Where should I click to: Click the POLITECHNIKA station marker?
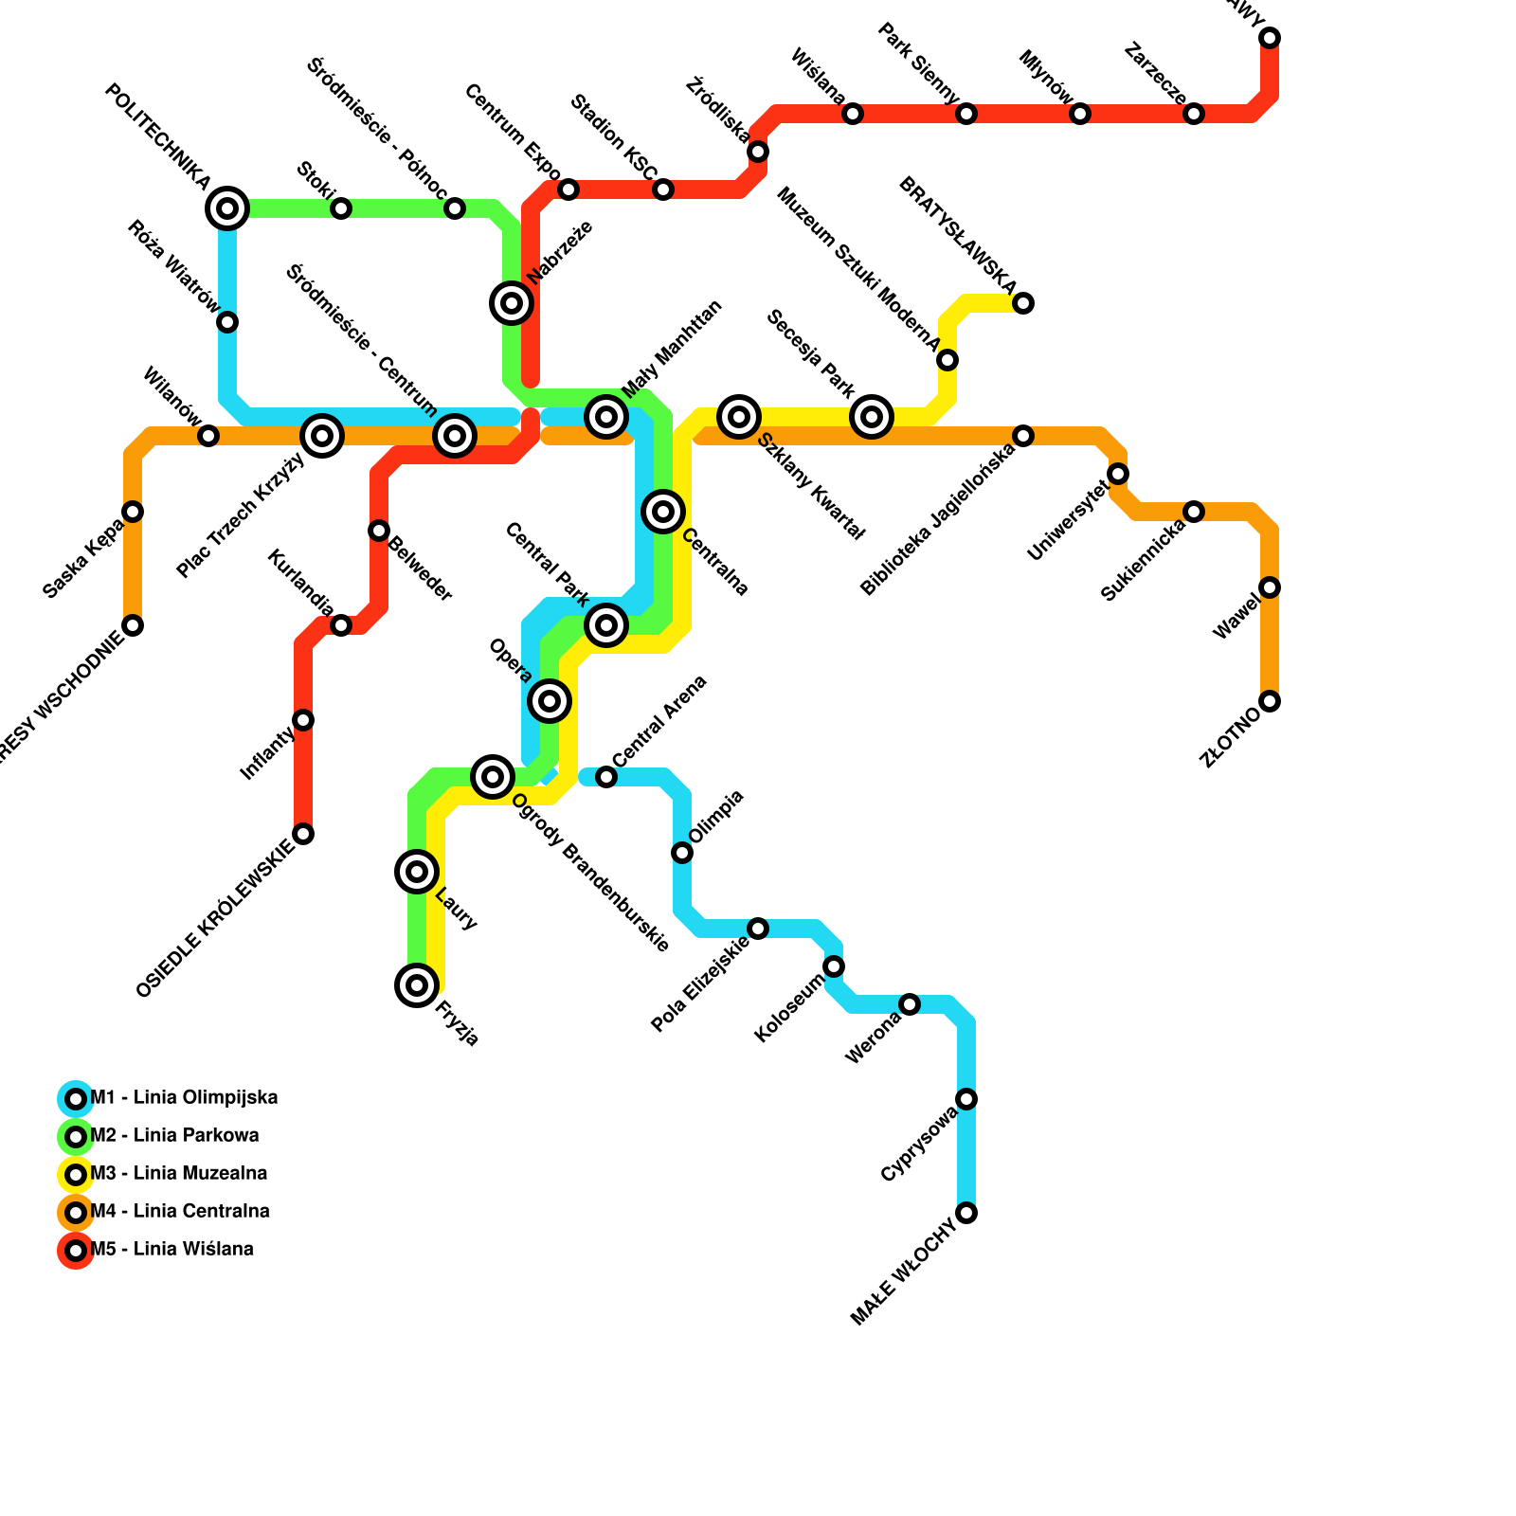tap(227, 208)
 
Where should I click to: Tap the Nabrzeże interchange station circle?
tap(512, 303)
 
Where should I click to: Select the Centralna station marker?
tap(663, 512)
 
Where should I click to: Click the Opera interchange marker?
tap(550, 701)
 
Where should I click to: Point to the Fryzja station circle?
tap(417, 985)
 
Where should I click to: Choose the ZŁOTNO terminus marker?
tap(1270, 701)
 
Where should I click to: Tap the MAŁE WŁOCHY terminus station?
tap(966, 1213)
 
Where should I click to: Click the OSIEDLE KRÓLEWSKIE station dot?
tap(303, 834)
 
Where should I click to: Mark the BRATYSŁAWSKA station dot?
tap(1023, 303)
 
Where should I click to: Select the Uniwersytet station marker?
tap(1118, 474)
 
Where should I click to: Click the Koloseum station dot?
tap(834, 966)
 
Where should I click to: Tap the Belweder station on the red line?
tap(379, 531)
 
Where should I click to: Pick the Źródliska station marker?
tap(758, 152)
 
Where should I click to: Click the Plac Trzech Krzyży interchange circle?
tap(322, 436)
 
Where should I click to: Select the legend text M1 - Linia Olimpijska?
tap(184, 1098)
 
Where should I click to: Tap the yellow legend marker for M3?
tap(76, 1175)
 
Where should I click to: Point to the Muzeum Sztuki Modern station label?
tap(857, 271)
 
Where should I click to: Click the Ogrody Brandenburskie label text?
tap(591, 873)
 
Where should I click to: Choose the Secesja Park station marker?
tap(872, 417)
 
